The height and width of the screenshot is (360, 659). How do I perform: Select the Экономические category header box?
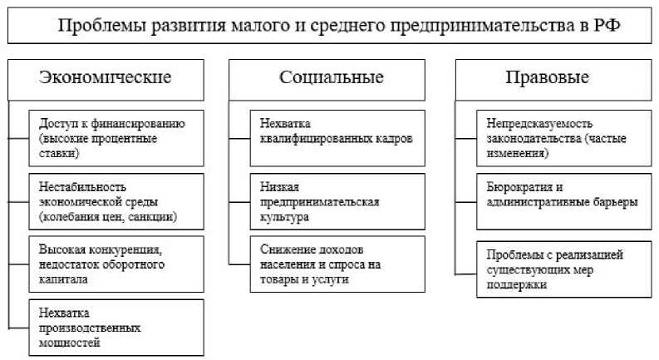click(x=106, y=79)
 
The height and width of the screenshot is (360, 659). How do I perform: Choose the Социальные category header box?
click(x=332, y=79)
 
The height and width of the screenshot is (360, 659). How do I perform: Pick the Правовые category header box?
click(x=548, y=79)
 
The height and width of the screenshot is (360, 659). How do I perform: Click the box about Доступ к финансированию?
click(x=117, y=138)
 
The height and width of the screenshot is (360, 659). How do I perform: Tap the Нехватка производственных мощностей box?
click(x=117, y=327)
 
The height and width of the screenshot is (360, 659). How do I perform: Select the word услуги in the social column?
click(x=329, y=280)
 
